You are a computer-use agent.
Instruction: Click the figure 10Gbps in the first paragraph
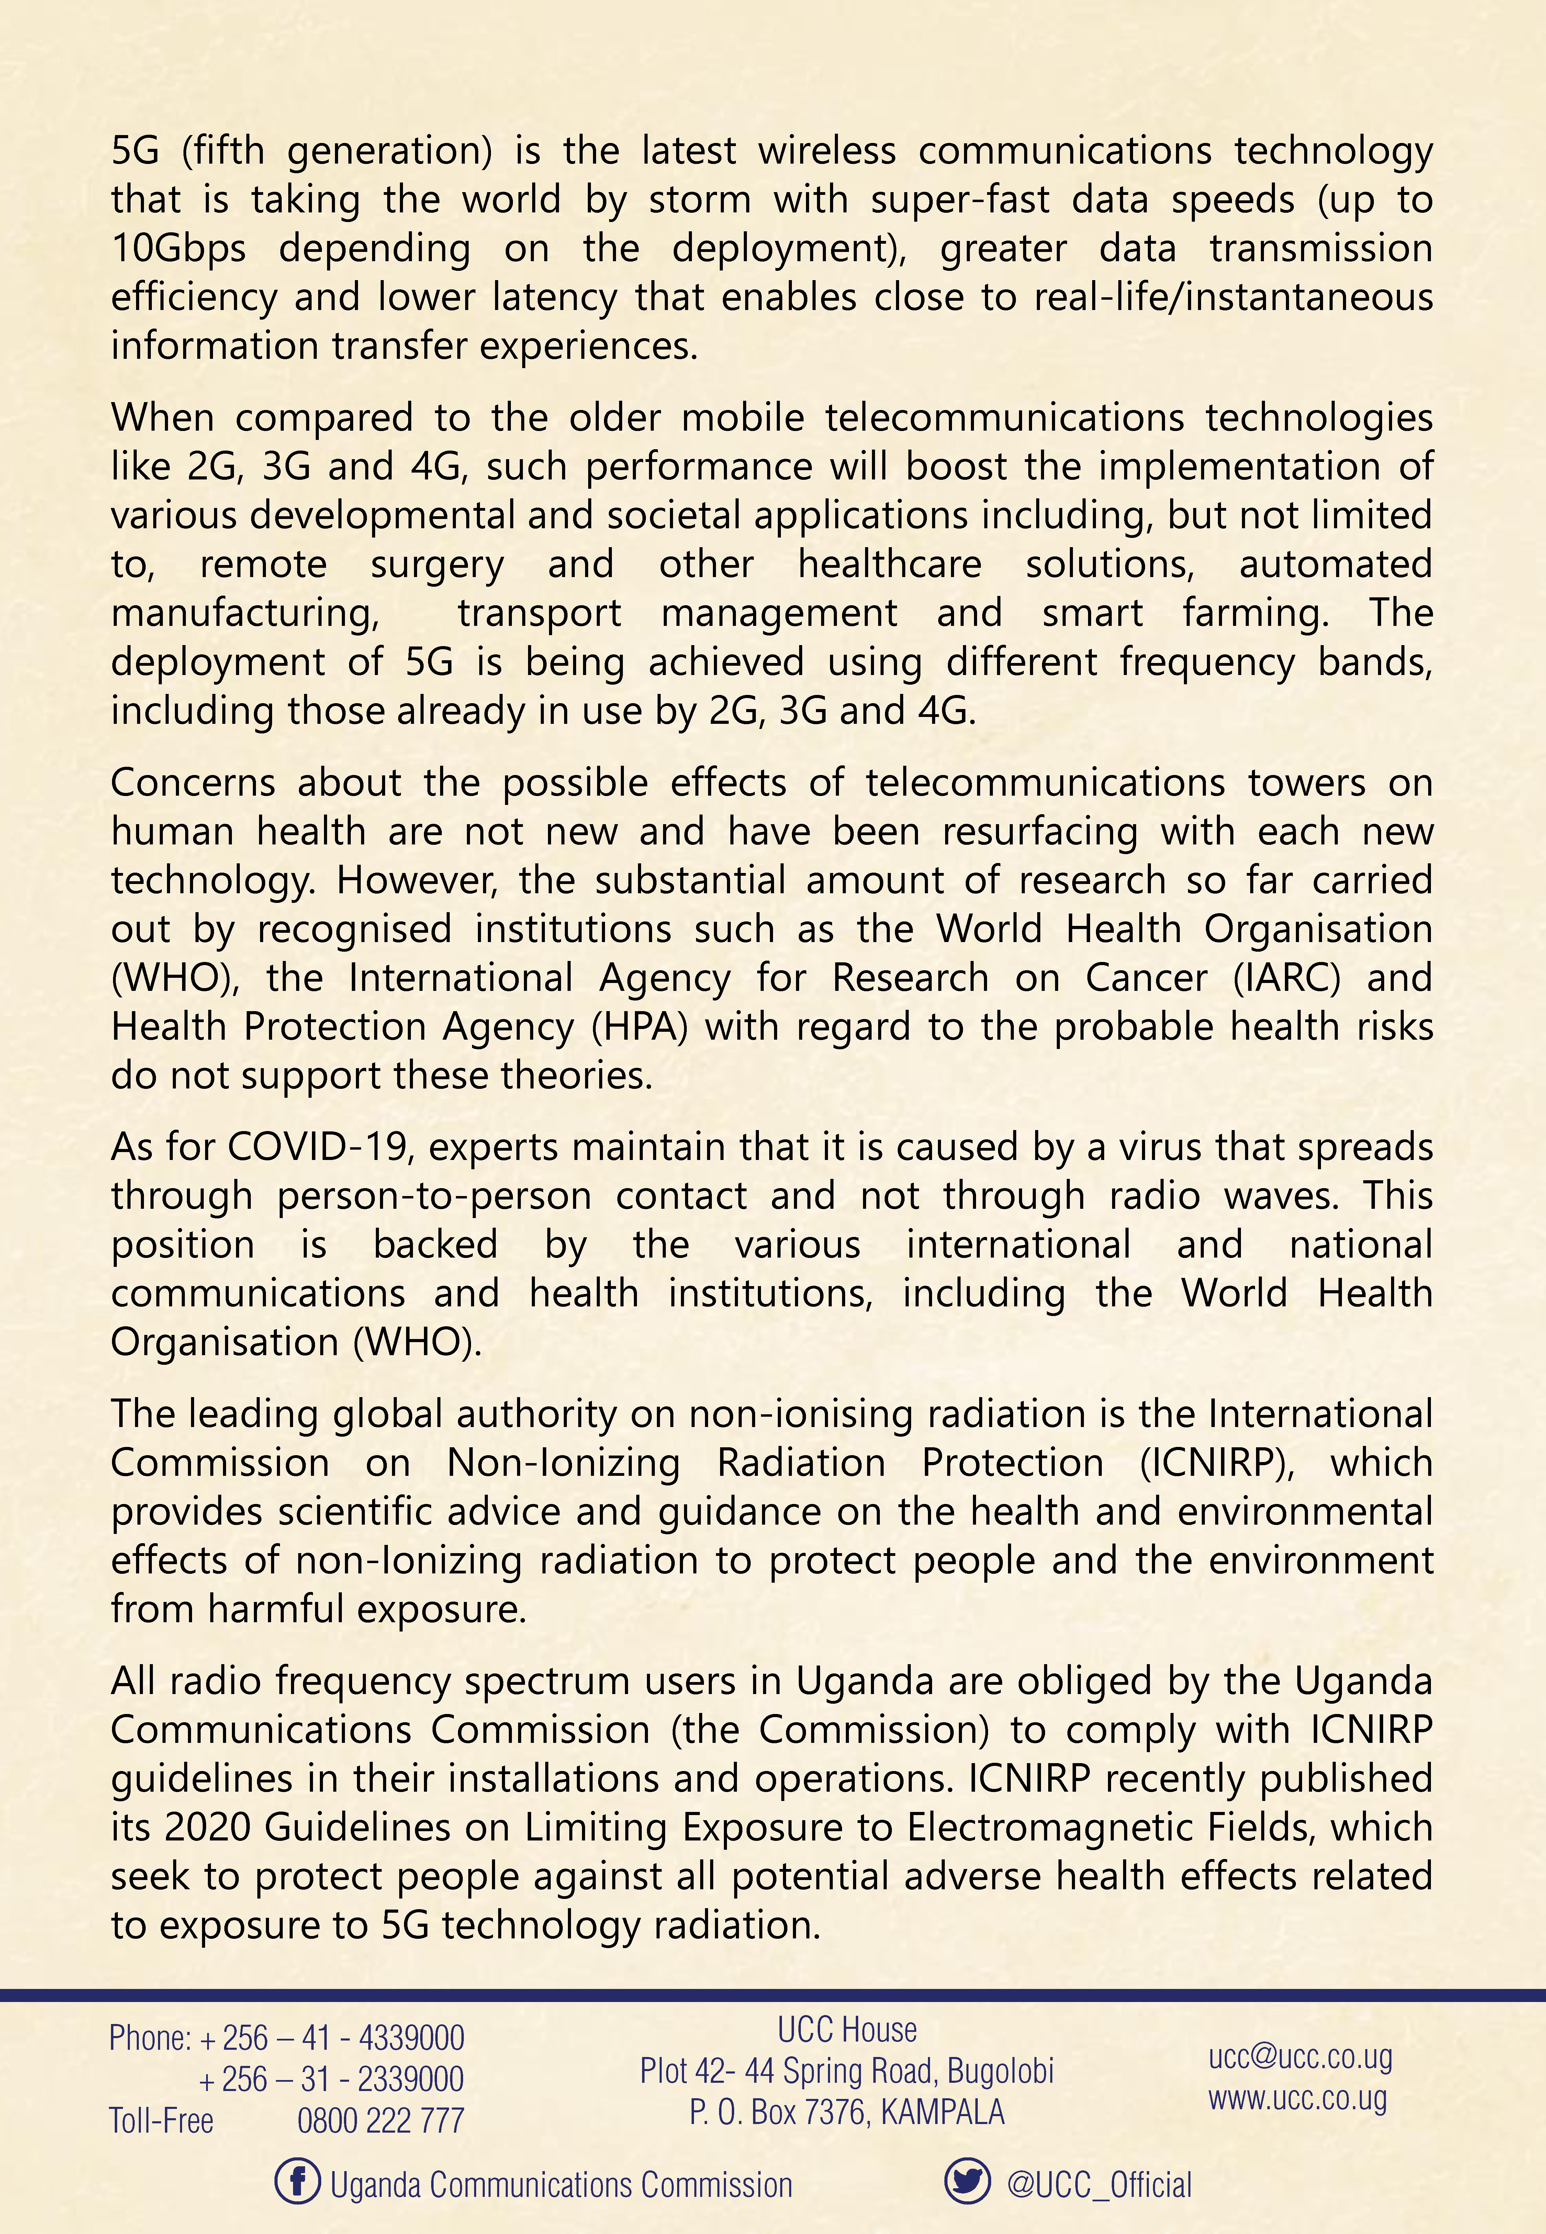point(178,249)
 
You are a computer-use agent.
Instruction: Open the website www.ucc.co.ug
point(1297,2098)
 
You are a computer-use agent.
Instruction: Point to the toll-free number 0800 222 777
point(381,2121)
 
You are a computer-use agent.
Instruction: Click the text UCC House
point(847,2030)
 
